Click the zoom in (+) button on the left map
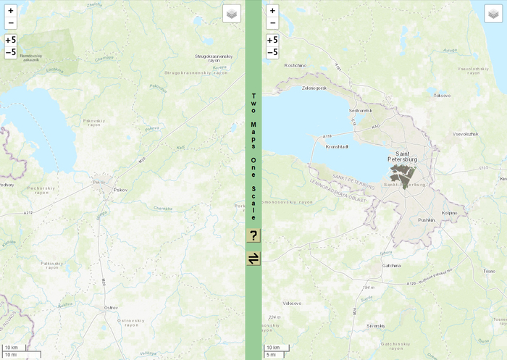10,11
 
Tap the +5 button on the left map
10,40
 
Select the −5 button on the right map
272,52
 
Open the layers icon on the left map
231,14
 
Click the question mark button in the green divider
253,235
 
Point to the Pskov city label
120,190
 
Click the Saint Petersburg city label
403,156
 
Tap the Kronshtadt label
338,146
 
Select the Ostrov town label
111,308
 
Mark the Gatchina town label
392,266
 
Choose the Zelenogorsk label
315,88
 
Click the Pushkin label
426,219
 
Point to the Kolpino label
449,213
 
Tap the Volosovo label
292,303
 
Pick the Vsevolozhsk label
465,134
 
